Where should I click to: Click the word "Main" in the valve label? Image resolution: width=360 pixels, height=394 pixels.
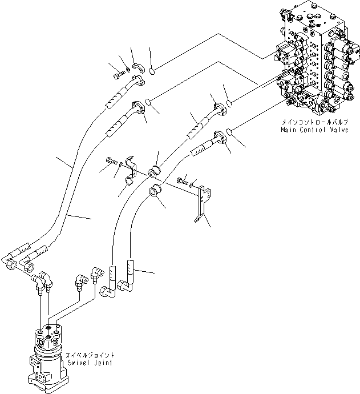point(289,130)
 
